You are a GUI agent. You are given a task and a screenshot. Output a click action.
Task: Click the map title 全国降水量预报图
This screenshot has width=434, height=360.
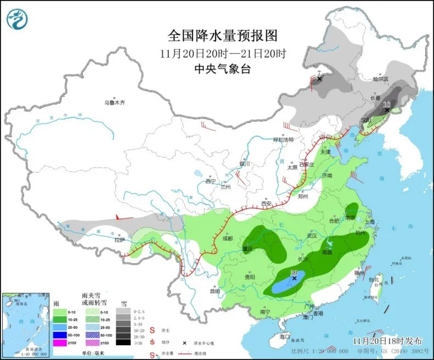(222, 36)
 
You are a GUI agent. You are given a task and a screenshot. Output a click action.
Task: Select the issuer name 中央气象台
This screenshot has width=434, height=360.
(222, 69)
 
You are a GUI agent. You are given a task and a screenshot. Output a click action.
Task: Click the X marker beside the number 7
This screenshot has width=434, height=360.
(320, 79)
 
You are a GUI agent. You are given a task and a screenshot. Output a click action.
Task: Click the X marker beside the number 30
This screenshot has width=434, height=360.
(295, 279)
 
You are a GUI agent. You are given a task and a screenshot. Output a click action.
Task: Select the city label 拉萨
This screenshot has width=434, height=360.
(120, 240)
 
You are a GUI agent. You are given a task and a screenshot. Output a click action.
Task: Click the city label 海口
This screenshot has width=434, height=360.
(284, 336)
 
